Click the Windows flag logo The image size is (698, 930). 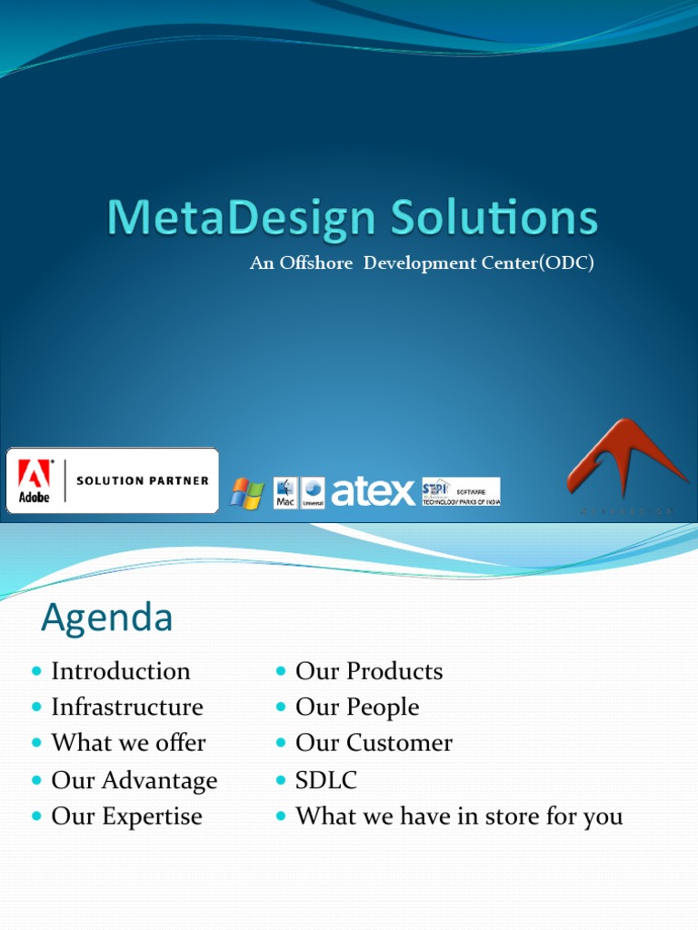(246, 493)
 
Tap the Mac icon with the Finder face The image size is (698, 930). (285, 492)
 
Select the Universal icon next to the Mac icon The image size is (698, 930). (313, 492)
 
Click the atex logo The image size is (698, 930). (373, 492)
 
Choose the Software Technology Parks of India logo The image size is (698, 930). (461, 491)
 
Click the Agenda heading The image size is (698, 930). (107, 618)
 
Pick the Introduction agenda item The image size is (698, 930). (121, 671)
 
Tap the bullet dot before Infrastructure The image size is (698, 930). (36, 707)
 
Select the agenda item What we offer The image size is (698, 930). (128, 743)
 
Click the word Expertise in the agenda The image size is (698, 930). (152, 816)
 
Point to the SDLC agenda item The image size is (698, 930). (326, 780)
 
